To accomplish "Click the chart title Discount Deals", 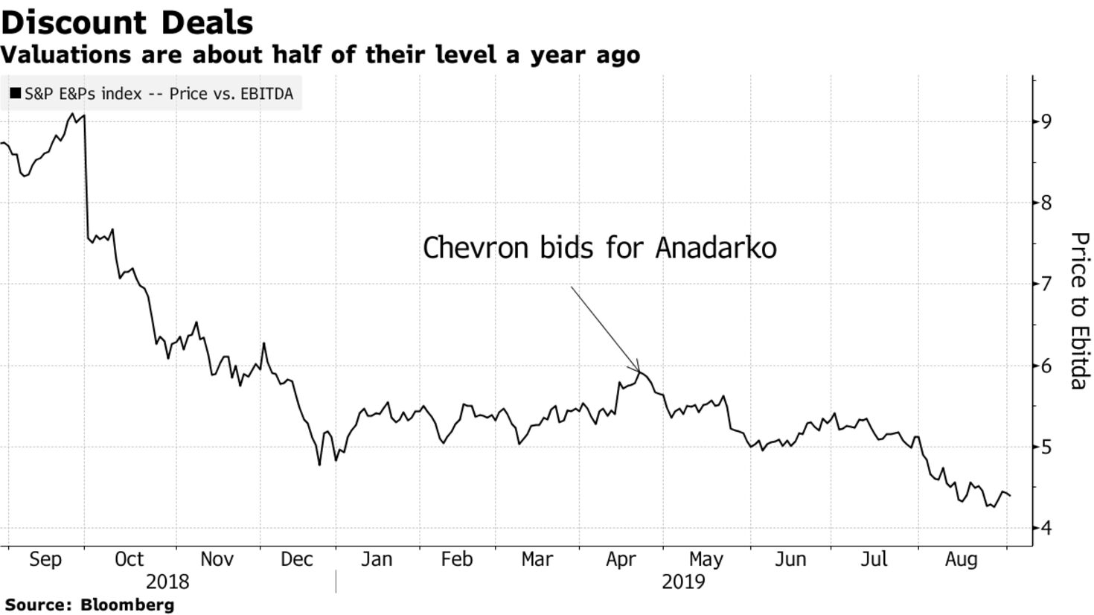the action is point(127,22).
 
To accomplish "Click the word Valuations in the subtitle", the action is point(66,54).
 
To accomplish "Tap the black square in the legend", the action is point(16,93).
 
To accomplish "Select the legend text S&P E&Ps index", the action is point(83,93).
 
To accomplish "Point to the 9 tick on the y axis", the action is point(1046,121).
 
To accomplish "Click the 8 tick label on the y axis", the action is point(1046,203).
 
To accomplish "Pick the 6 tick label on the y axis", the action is point(1046,366).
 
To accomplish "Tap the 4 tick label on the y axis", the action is point(1046,528).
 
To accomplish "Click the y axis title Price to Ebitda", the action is point(1079,310).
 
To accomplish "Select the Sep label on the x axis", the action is point(45,559).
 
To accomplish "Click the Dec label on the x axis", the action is point(296,559).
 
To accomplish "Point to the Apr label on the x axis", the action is point(621,560).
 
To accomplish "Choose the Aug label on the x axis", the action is point(962,560).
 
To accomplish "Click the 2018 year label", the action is point(167,582).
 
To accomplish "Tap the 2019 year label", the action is point(683,582).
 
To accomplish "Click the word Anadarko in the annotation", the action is point(715,248).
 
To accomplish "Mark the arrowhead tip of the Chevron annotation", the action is point(639,372).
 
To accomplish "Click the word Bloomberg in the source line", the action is point(127,605).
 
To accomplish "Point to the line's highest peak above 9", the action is point(73,114).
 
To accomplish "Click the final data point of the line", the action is point(1010,496).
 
